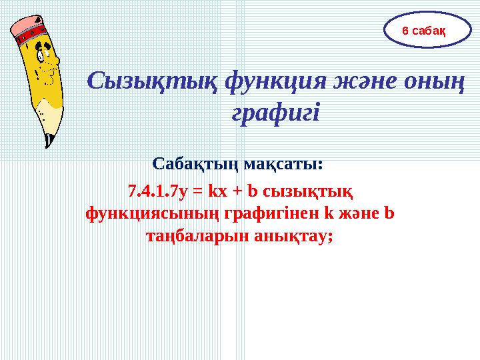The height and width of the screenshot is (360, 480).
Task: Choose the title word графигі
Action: (275, 112)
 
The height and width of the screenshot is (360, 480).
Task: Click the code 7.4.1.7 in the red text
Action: (150, 193)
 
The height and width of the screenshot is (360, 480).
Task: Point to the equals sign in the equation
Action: (197, 193)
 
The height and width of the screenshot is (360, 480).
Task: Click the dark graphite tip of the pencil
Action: (48, 141)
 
